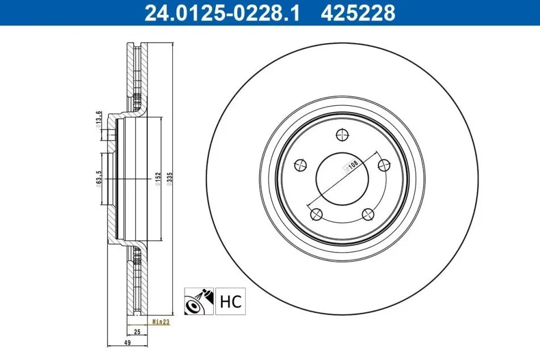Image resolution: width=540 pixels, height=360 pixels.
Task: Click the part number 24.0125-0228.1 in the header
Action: point(222,13)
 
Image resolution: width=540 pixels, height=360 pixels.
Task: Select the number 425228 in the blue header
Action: point(358,13)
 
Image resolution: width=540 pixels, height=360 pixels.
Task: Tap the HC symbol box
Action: point(230,301)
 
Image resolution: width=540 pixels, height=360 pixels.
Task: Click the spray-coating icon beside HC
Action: point(199,301)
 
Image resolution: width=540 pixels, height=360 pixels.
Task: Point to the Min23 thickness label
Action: point(161,322)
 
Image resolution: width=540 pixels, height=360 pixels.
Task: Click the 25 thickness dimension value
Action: point(137,332)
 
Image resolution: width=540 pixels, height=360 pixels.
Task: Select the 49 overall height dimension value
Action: point(127,343)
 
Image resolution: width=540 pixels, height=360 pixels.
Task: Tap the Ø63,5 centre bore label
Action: point(99,179)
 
